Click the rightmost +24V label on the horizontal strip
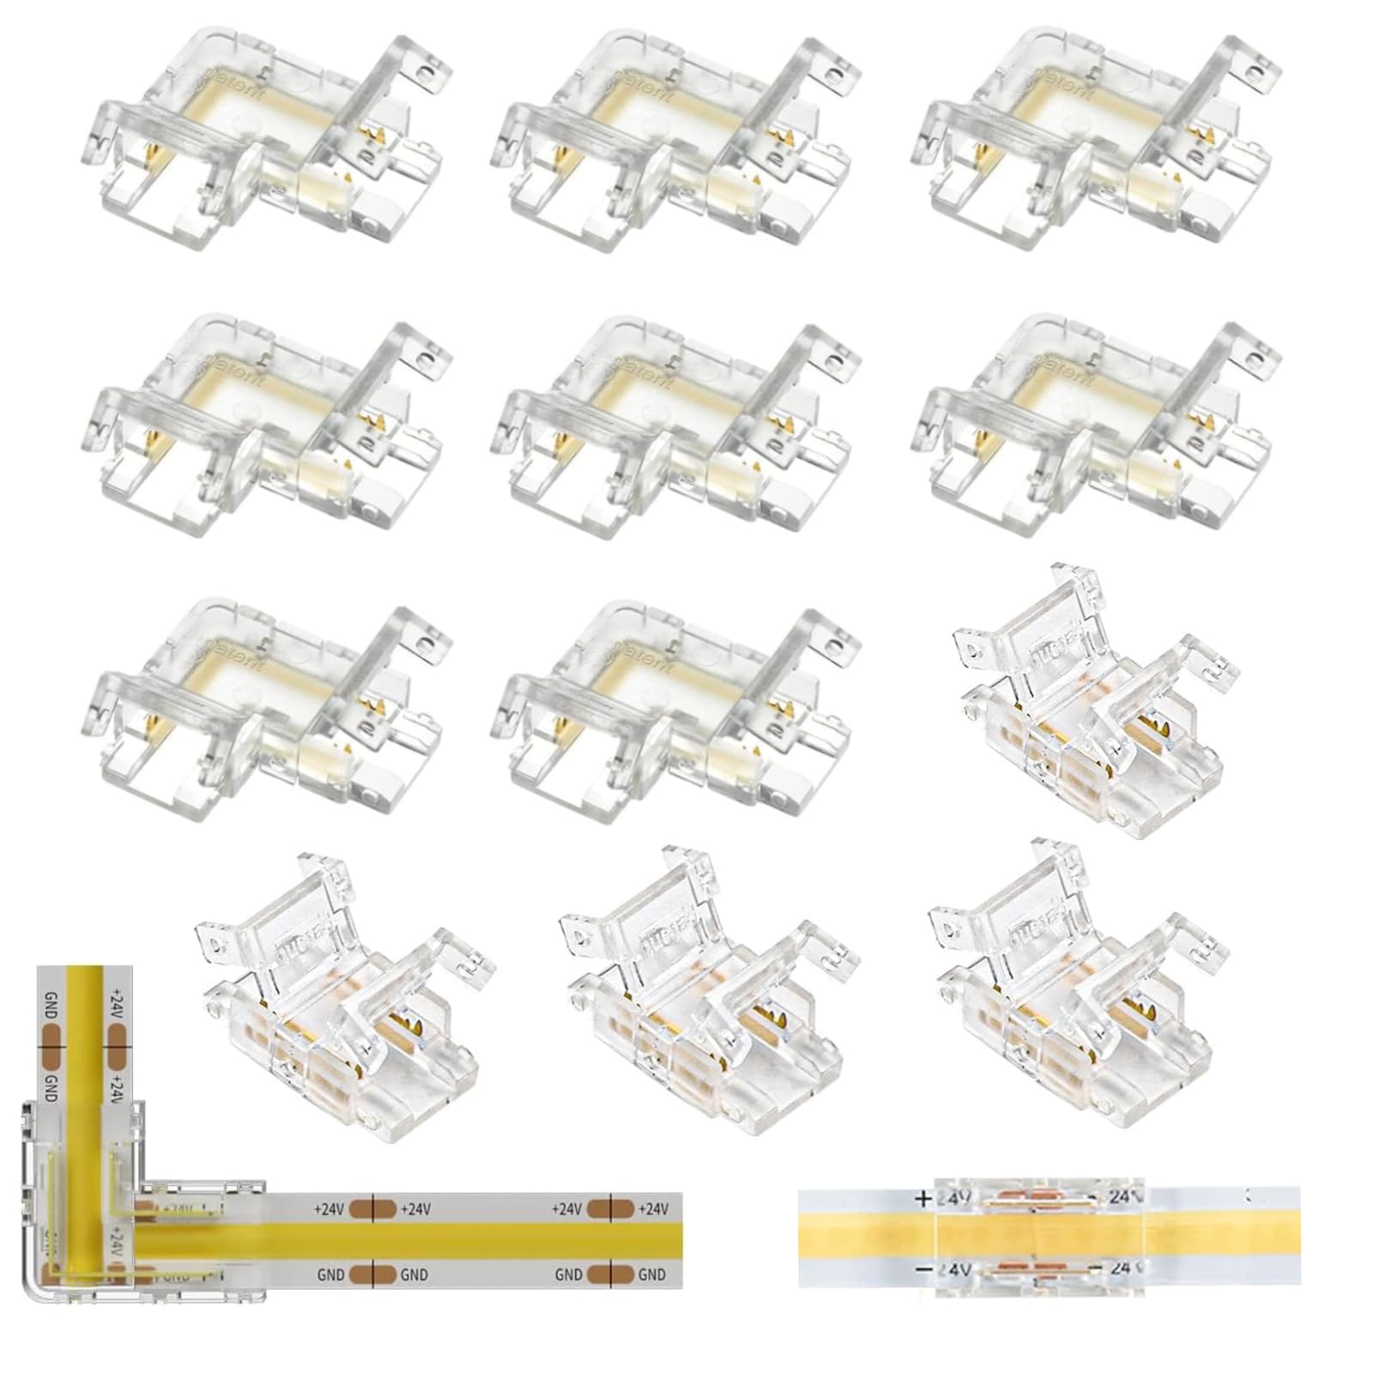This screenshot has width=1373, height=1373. (652, 1209)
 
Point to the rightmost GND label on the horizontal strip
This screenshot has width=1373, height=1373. (652, 1275)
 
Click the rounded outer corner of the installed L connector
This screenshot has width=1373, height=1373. (34, 1296)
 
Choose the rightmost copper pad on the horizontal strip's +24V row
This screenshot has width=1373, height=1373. (609, 1209)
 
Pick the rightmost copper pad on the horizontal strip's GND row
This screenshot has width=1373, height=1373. (609, 1275)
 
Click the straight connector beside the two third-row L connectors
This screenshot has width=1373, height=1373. (1090, 699)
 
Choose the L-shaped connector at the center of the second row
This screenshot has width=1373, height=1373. (678, 425)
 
